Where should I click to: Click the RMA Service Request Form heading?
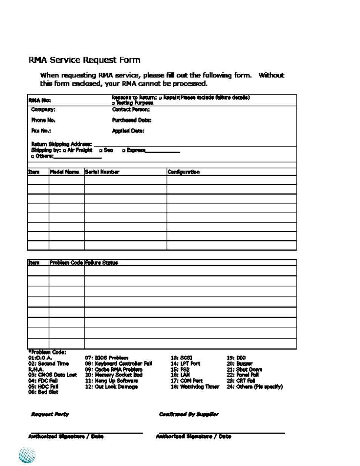tap(85, 60)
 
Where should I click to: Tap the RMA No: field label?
tap(40, 100)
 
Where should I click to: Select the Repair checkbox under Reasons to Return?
tap(160, 98)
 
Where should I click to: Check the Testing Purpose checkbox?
tap(113, 103)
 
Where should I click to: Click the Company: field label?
tap(43, 109)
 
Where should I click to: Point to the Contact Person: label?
tap(131, 109)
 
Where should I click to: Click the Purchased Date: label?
tap(131, 120)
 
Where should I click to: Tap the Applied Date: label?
tap(128, 131)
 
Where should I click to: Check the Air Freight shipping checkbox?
tap(65, 150)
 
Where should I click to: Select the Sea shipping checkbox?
tap(101, 150)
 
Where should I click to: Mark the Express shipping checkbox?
tap(124, 150)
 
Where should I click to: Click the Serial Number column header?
tap(102, 172)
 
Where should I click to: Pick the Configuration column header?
tap(183, 172)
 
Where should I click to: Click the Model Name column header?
tap(65, 172)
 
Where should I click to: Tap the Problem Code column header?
tap(66, 263)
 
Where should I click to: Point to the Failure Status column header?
tap(101, 263)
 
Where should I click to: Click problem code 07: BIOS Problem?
tap(106, 358)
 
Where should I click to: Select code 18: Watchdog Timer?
tap(195, 387)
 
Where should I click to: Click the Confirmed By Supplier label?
tap(189, 414)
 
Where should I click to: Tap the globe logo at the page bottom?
tap(27, 455)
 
